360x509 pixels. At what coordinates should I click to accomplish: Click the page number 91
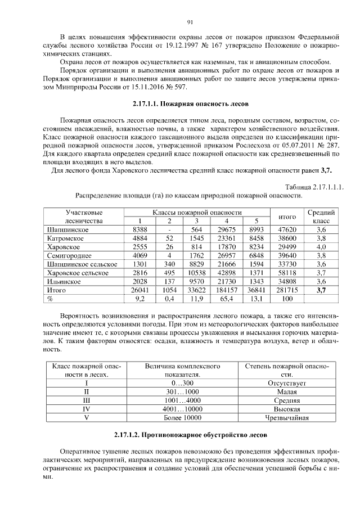click(190, 22)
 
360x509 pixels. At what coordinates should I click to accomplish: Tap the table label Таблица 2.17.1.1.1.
click(314, 187)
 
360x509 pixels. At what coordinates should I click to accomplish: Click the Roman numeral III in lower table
click(87, 400)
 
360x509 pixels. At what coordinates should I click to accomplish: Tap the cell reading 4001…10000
click(181, 409)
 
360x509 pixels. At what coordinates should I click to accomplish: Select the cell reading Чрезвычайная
click(286, 418)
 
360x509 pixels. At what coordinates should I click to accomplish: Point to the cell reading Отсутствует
click(286, 382)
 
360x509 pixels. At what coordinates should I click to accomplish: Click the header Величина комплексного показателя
click(181, 370)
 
